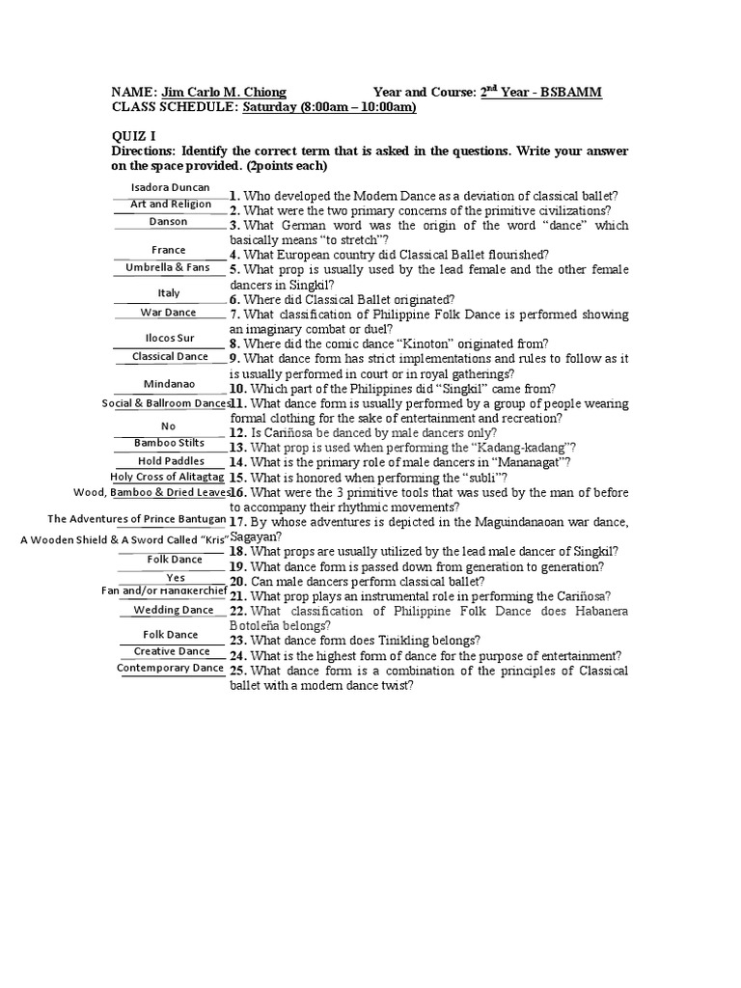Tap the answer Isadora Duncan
tap(169, 186)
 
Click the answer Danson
tap(169, 221)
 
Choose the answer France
tap(169, 250)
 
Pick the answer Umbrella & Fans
tap(169, 266)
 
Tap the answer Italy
tap(169, 292)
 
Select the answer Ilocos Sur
tap(169, 339)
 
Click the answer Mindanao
tap(169, 383)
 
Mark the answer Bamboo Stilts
tap(169, 443)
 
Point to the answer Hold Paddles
tap(170, 460)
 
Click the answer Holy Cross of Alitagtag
tap(168, 477)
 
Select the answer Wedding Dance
tap(173, 610)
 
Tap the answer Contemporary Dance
tap(170, 667)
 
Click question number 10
tap(238, 389)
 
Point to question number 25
tap(238, 671)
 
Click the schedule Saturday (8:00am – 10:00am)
tap(329, 107)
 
